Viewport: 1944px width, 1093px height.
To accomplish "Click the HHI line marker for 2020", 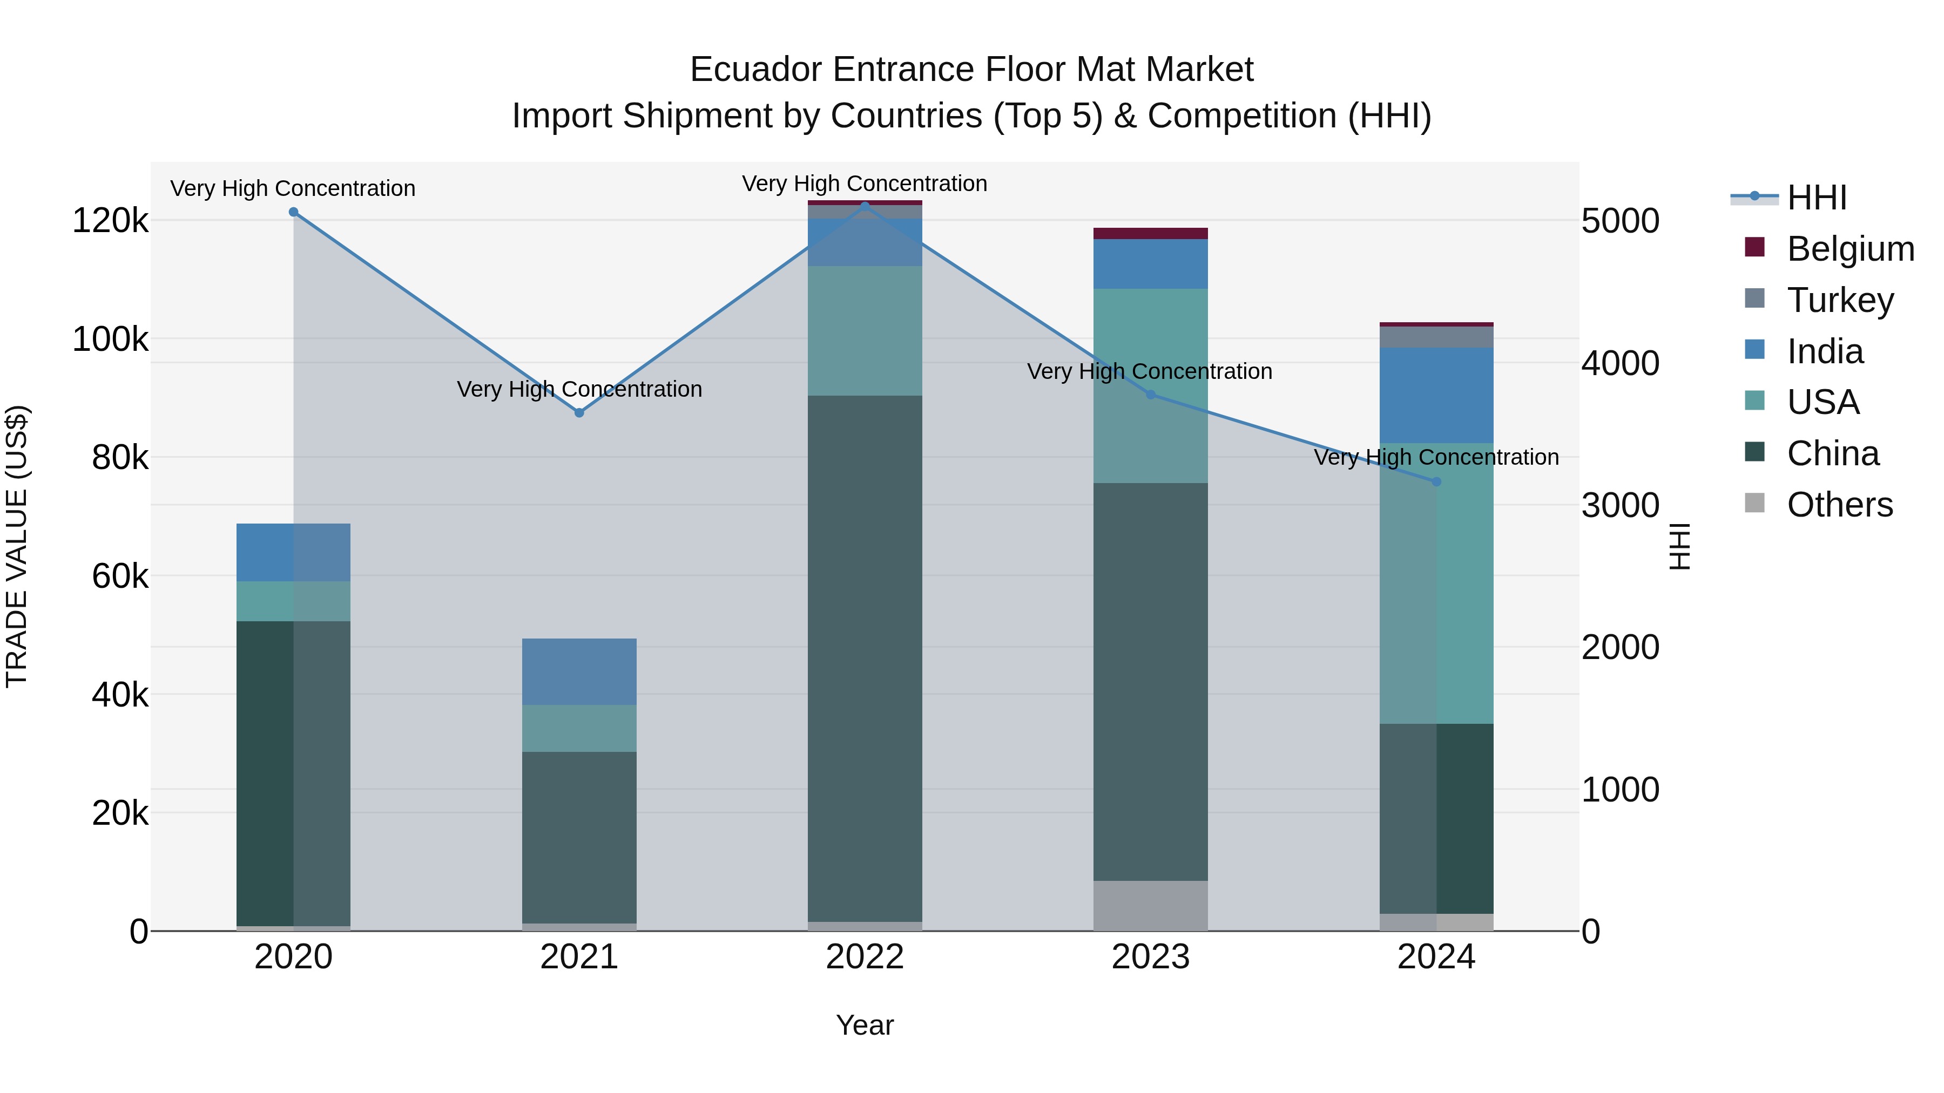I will (294, 212).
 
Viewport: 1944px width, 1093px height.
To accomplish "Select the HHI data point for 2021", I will (579, 412).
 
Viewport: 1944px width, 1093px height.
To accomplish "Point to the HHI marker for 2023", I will (1151, 395).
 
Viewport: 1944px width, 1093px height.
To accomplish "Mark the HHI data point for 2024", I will (1436, 482).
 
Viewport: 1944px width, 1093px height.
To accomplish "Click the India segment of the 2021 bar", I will (579, 671).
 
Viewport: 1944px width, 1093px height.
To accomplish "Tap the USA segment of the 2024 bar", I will (1436, 583).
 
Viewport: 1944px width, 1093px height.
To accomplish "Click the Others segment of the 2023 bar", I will (1151, 905).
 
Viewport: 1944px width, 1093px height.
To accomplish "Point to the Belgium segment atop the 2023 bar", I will (1151, 233).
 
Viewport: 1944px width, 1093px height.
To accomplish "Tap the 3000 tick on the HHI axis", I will (1620, 505).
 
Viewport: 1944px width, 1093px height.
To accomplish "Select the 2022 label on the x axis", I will (865, 957).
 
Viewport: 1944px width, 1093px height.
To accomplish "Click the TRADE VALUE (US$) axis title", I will (17, 546).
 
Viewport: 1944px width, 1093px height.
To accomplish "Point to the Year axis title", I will (865, 1025).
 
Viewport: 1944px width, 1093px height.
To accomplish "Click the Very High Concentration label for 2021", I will (579, 389).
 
